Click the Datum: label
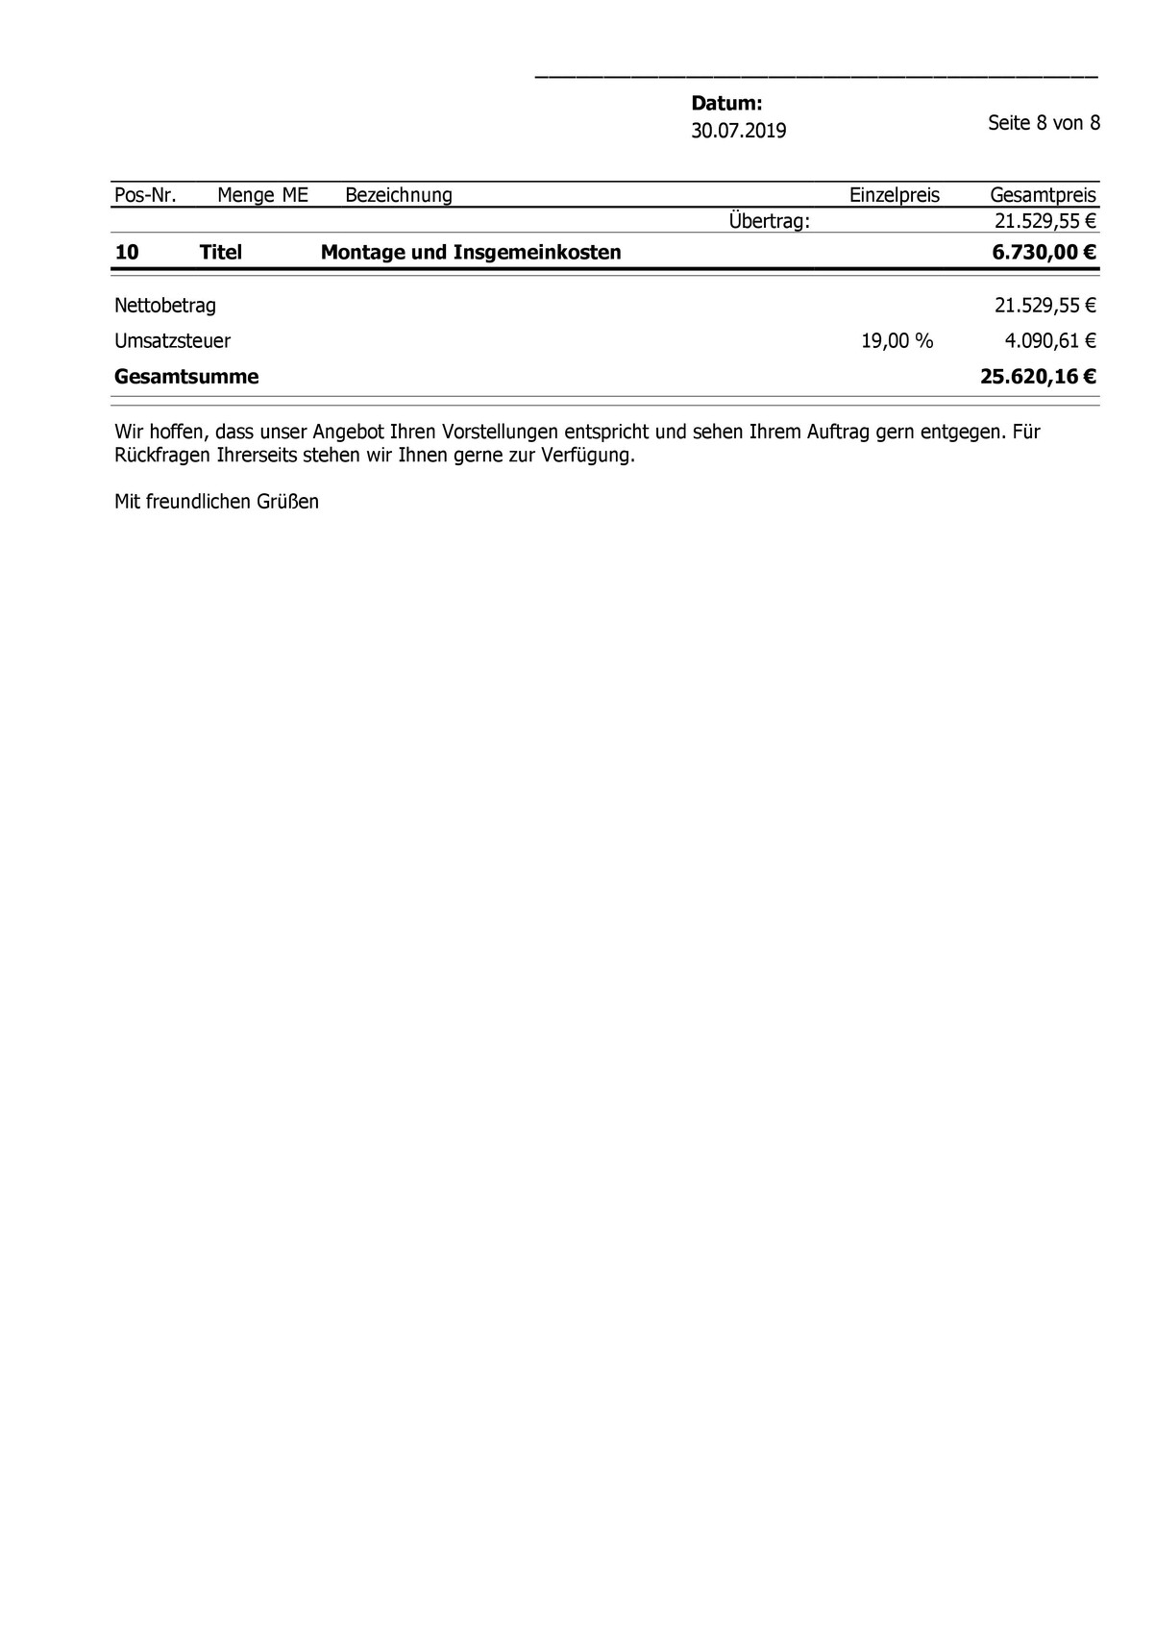point(726,104)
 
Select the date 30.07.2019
point(738,131)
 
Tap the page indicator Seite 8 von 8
point(1044,123)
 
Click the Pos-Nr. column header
point(145,195)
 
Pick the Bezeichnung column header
point(398,195)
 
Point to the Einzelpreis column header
point(894,195)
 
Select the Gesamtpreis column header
point(1043,195)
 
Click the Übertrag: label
point(769,221)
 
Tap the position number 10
point(126,253)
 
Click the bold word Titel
point(220,253)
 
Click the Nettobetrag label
point(165,306)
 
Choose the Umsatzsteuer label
point(172,340)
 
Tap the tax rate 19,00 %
point(897,340)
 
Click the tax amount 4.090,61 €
point(1050,340)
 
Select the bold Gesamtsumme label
point(186,377)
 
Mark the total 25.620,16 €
point(1038,377)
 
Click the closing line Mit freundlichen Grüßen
point(216,502)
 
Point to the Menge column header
point(246,195)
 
